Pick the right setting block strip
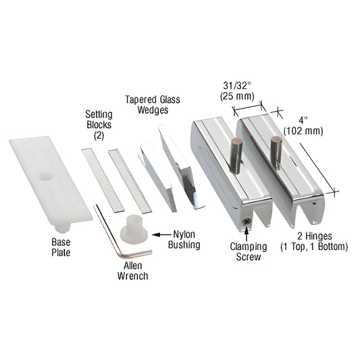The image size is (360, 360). click(130, 179)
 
